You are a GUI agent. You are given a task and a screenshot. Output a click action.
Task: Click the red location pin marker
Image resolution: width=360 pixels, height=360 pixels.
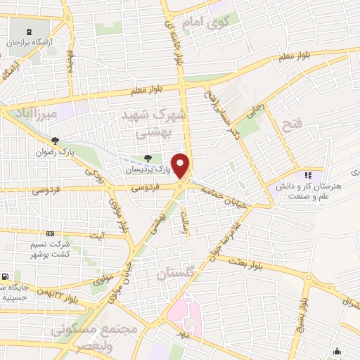tap(181, 166)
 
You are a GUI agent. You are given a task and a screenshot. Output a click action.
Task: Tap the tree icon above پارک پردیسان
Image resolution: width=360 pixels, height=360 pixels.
tap(147, 159)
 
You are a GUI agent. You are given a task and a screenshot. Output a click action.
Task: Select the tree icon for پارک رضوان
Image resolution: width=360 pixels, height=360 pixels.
tap(56, 141)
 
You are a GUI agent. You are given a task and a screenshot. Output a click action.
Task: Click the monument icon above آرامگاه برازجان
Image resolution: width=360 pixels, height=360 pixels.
tap(29, 32)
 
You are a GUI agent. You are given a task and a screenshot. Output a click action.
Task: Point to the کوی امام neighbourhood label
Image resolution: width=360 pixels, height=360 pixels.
tap(202, 22)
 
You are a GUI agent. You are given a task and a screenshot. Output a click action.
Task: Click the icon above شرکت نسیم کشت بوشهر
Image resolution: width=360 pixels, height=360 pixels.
tap(50, 233)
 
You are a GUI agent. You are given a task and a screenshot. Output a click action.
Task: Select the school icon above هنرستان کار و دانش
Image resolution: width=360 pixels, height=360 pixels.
tap(307, 174)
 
